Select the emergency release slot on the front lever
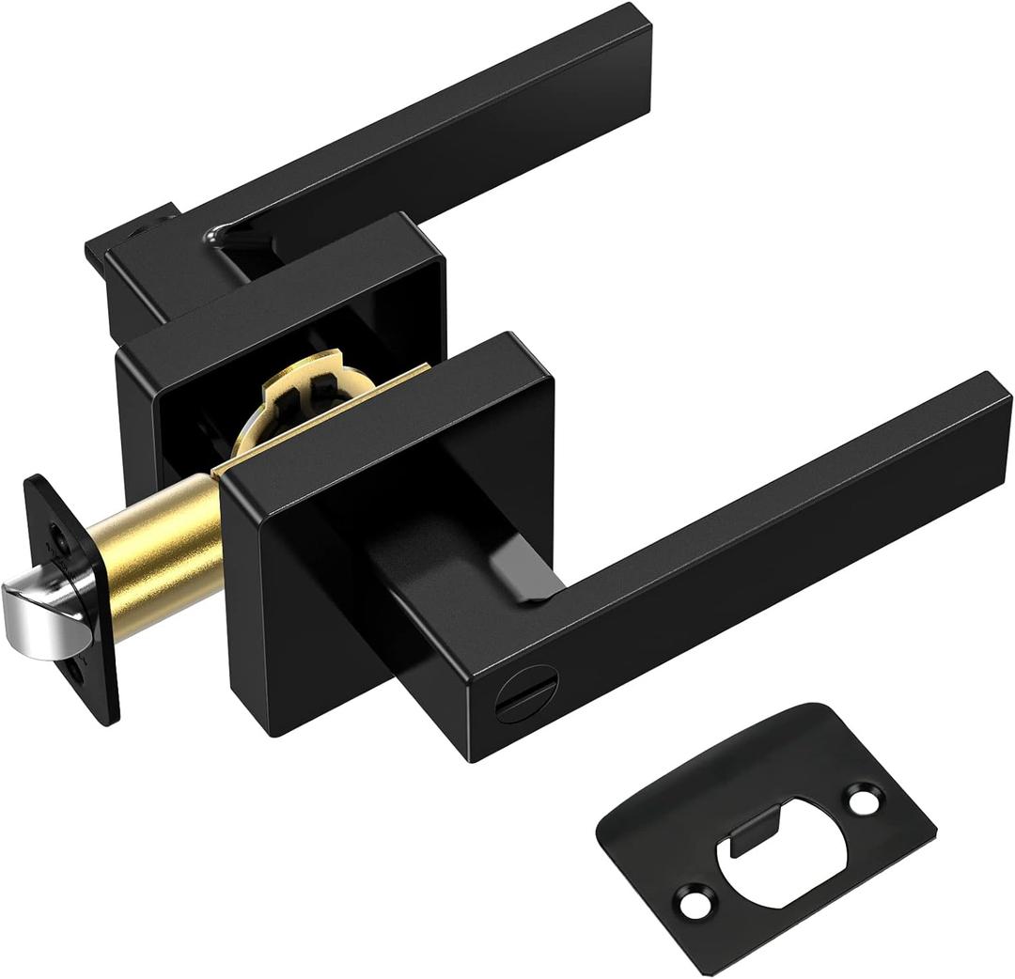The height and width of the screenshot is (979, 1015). click(515, 702)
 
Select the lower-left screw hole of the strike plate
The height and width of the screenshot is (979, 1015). click(695, 907)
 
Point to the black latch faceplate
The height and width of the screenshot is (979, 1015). click(75, 601)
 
